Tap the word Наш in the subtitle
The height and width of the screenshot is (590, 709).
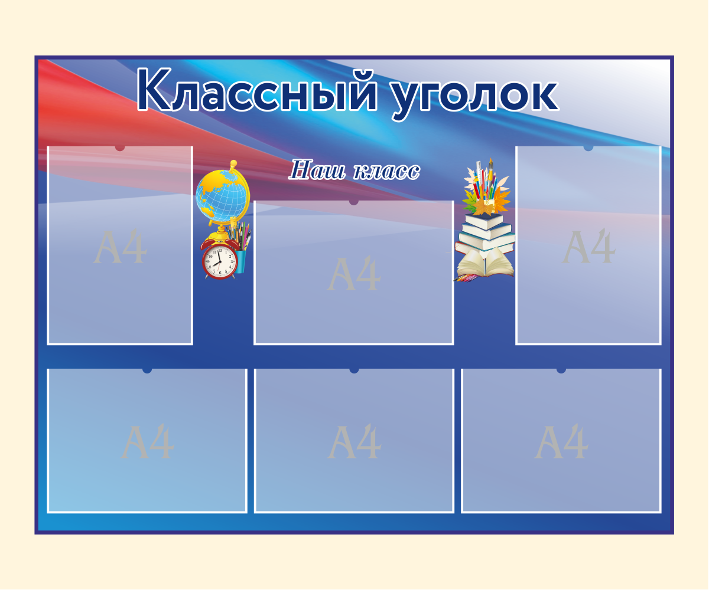point(317,170)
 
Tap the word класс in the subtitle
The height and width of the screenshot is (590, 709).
point(386,171)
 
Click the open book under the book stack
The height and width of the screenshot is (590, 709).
point(486,264)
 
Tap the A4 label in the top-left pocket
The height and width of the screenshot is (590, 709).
point(120,247)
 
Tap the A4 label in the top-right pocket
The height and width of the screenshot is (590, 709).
point(589,247)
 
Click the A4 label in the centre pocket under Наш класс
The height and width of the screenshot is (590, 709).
point(354,273)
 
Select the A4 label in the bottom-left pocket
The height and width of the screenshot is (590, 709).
point(148,442)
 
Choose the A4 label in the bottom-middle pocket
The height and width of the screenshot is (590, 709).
point(354,442)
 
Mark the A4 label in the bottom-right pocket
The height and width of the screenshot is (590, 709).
point(561,442)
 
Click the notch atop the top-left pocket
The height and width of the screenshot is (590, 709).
point(120,148)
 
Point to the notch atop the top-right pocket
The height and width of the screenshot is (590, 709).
point(588,148)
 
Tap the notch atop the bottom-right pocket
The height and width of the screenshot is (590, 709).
point(561,371)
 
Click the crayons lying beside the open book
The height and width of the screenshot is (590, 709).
point(466,278)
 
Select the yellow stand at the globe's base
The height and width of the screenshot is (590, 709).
point(222,232)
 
